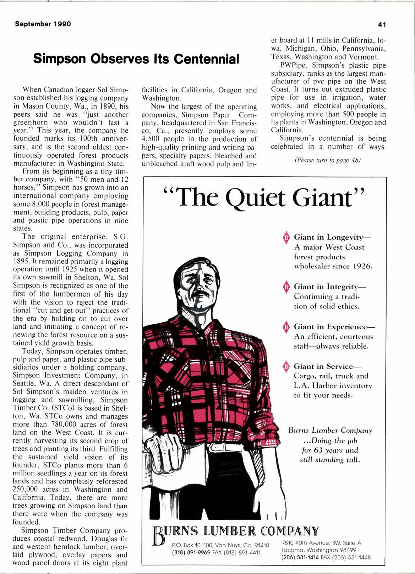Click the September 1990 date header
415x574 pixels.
point(43,24)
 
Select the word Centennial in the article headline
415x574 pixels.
point(203,59)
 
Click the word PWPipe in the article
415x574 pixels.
point(292,66)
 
